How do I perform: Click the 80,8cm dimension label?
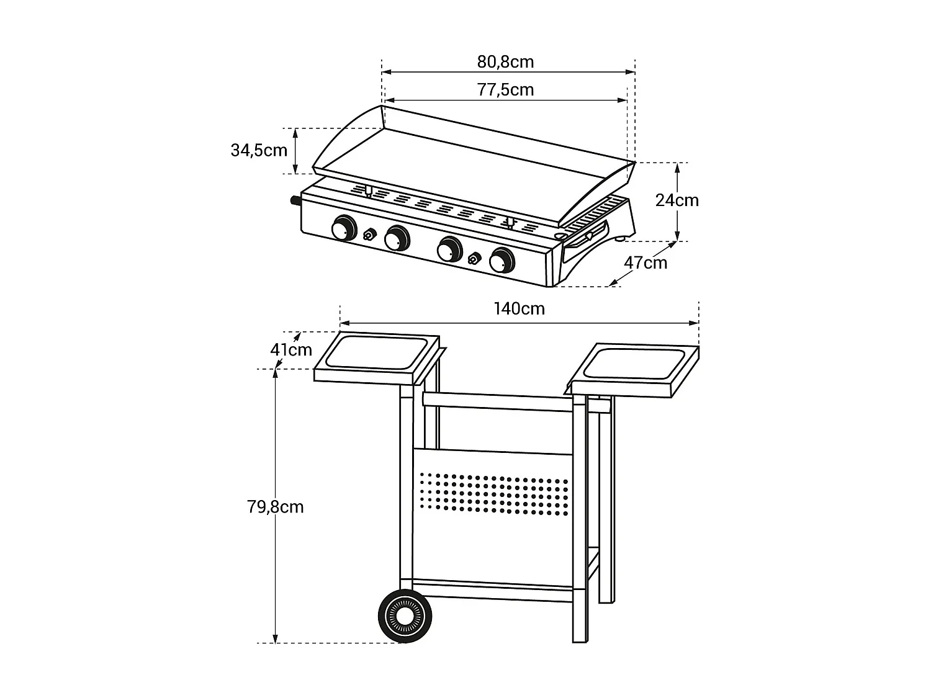(505, 62)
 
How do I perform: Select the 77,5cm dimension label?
(505, 90)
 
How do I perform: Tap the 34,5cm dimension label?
(259, 150)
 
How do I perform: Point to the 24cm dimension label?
(677, 200)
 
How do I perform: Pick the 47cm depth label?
(645, 263)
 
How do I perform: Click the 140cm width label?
(519, 308)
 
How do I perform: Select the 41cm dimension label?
(290, 350)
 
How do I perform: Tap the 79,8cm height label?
(276, 508)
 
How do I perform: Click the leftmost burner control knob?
(343, 228)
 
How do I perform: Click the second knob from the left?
(396, 238)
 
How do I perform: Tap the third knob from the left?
(449, 249)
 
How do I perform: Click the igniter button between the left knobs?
(369, 235)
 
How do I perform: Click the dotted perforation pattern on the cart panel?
(493, 493)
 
